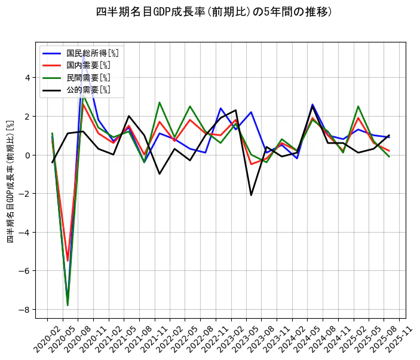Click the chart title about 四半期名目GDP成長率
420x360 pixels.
(214, 12)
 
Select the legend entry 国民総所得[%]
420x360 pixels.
(92, 53)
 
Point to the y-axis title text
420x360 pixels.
(10, 181)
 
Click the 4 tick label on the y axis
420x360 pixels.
(27, 78)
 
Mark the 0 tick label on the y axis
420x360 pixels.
(27, 155)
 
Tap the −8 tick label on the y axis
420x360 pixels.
(24, 310)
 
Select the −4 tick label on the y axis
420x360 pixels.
(24, 233)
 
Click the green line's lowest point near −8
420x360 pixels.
(68, 306)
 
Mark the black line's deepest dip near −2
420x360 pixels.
(251, 195)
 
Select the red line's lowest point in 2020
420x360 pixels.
(68, 261)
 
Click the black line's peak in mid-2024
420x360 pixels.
(312, 106)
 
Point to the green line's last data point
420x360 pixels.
(389, 157)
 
